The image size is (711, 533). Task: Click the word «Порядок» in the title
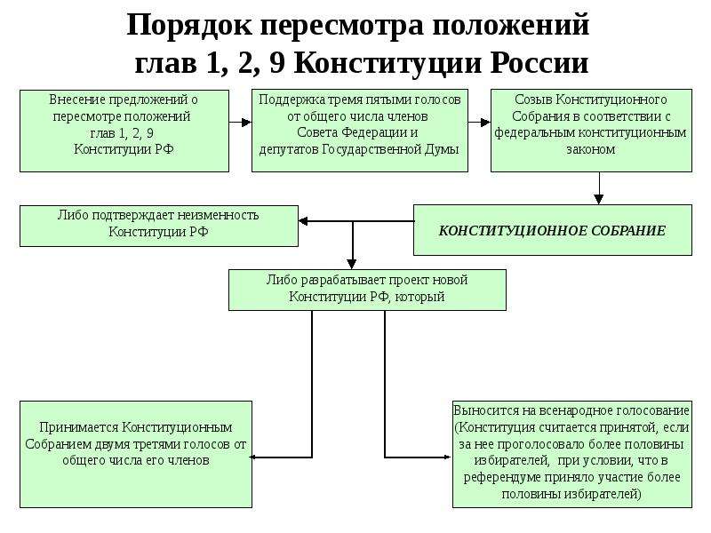tap(188, 26)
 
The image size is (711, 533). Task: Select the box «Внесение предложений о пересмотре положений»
tap(124, 131)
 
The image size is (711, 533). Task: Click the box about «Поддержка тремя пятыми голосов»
tap(360, 131)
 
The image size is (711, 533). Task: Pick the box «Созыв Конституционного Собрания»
tap(591, 131)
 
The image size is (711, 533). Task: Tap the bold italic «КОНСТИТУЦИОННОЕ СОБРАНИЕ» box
tap(552, 230)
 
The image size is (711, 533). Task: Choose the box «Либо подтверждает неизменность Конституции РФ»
tap(159, 227)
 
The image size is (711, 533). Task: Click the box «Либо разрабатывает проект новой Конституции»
tap(367, 290)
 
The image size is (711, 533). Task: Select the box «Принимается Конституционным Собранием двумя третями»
tap(136, 454)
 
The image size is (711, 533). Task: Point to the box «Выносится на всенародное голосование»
tap(572, 454)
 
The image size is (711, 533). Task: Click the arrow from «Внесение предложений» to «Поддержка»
tap(240, 123)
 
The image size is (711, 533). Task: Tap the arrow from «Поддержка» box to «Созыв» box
tap(479, 123)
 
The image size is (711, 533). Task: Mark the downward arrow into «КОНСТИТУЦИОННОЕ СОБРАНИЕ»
tap(599, 188)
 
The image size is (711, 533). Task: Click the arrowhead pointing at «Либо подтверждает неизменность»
tap(303, 221)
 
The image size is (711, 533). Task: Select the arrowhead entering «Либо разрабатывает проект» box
tap(352, 264)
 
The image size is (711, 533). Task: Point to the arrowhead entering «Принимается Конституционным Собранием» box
tap(253, 457)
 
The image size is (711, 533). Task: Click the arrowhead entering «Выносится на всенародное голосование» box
tap(448, 457)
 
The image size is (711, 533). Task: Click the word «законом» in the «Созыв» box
tap(591, 149)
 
